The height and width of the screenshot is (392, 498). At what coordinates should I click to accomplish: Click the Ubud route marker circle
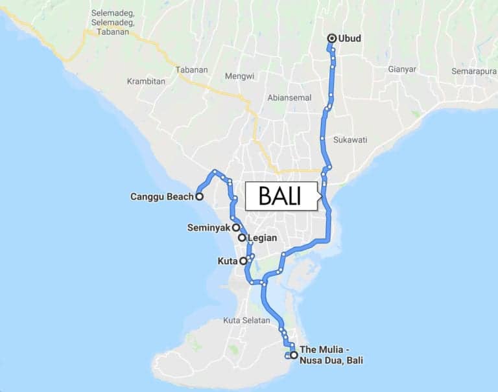332,38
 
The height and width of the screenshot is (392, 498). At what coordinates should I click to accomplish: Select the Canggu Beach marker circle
199,196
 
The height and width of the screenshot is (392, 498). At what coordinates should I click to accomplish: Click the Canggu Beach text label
161,196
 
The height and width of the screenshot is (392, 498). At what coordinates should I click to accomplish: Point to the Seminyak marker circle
237,227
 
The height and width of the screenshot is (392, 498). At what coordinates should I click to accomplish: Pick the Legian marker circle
242,238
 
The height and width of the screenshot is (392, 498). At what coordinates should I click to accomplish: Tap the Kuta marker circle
243,261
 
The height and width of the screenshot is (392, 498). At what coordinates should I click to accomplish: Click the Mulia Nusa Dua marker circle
294,355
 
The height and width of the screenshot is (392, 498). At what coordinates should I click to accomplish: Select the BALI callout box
281,196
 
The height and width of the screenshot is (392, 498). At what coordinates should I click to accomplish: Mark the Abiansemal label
289,97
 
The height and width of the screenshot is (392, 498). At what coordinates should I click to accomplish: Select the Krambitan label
147,82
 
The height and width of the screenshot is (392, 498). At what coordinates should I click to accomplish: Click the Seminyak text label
209,227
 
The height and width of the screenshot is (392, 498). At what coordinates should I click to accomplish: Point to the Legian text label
263,238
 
